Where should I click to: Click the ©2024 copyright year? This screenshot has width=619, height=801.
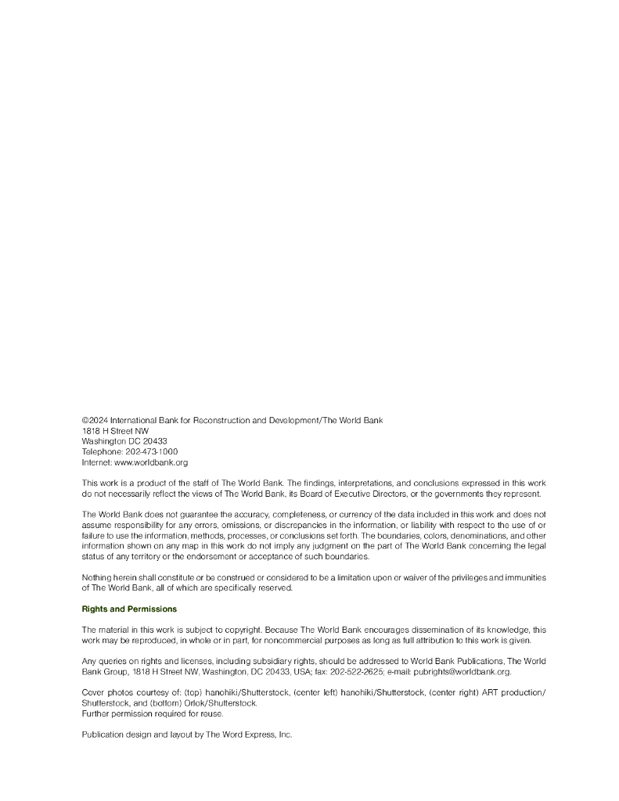tap(95, 420)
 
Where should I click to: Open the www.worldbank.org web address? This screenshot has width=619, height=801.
tap(151, 462)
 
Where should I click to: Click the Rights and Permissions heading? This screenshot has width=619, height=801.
tap(129, 609)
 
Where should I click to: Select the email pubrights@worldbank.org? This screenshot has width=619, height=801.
tap(467, 671)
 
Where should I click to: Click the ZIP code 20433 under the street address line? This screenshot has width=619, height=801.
tap(155, 441)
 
